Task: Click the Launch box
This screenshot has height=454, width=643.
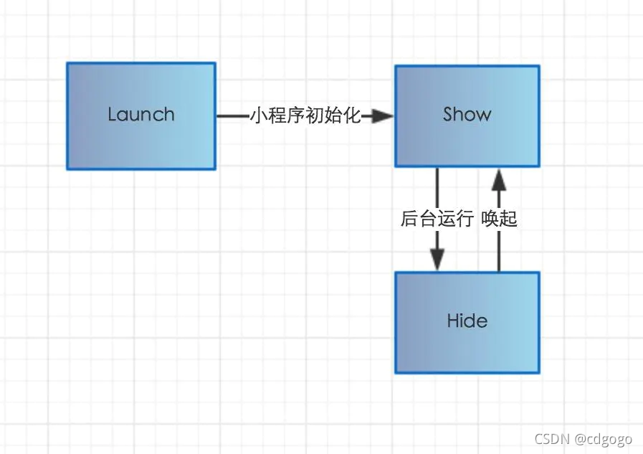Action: (141, 116)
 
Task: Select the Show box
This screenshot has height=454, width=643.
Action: (467, 116)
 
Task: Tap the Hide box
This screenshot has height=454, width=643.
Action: (467, 323)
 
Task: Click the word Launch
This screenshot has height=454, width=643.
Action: (141, 115)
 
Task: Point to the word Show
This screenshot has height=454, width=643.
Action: (467, 114)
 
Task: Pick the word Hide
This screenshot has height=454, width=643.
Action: (467, 321)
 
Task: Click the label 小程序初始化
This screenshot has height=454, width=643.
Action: (305, 115)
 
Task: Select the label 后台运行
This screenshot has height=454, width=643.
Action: (437, 218)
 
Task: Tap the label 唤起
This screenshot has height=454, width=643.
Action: (499, 218)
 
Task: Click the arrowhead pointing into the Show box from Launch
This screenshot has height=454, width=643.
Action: (382, 116)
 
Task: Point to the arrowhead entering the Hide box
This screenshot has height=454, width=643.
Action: (437, 259)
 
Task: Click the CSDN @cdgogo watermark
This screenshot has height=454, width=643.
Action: (583, 439)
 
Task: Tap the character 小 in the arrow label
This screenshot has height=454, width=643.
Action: (259, 115)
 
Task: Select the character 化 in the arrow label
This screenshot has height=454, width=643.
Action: (352, 115)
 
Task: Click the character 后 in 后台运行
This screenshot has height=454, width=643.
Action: (409, 218)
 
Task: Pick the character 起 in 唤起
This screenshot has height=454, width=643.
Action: (508, 218)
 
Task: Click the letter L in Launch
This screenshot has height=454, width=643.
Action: (113, 114)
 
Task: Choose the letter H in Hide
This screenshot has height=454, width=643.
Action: (453, 321)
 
